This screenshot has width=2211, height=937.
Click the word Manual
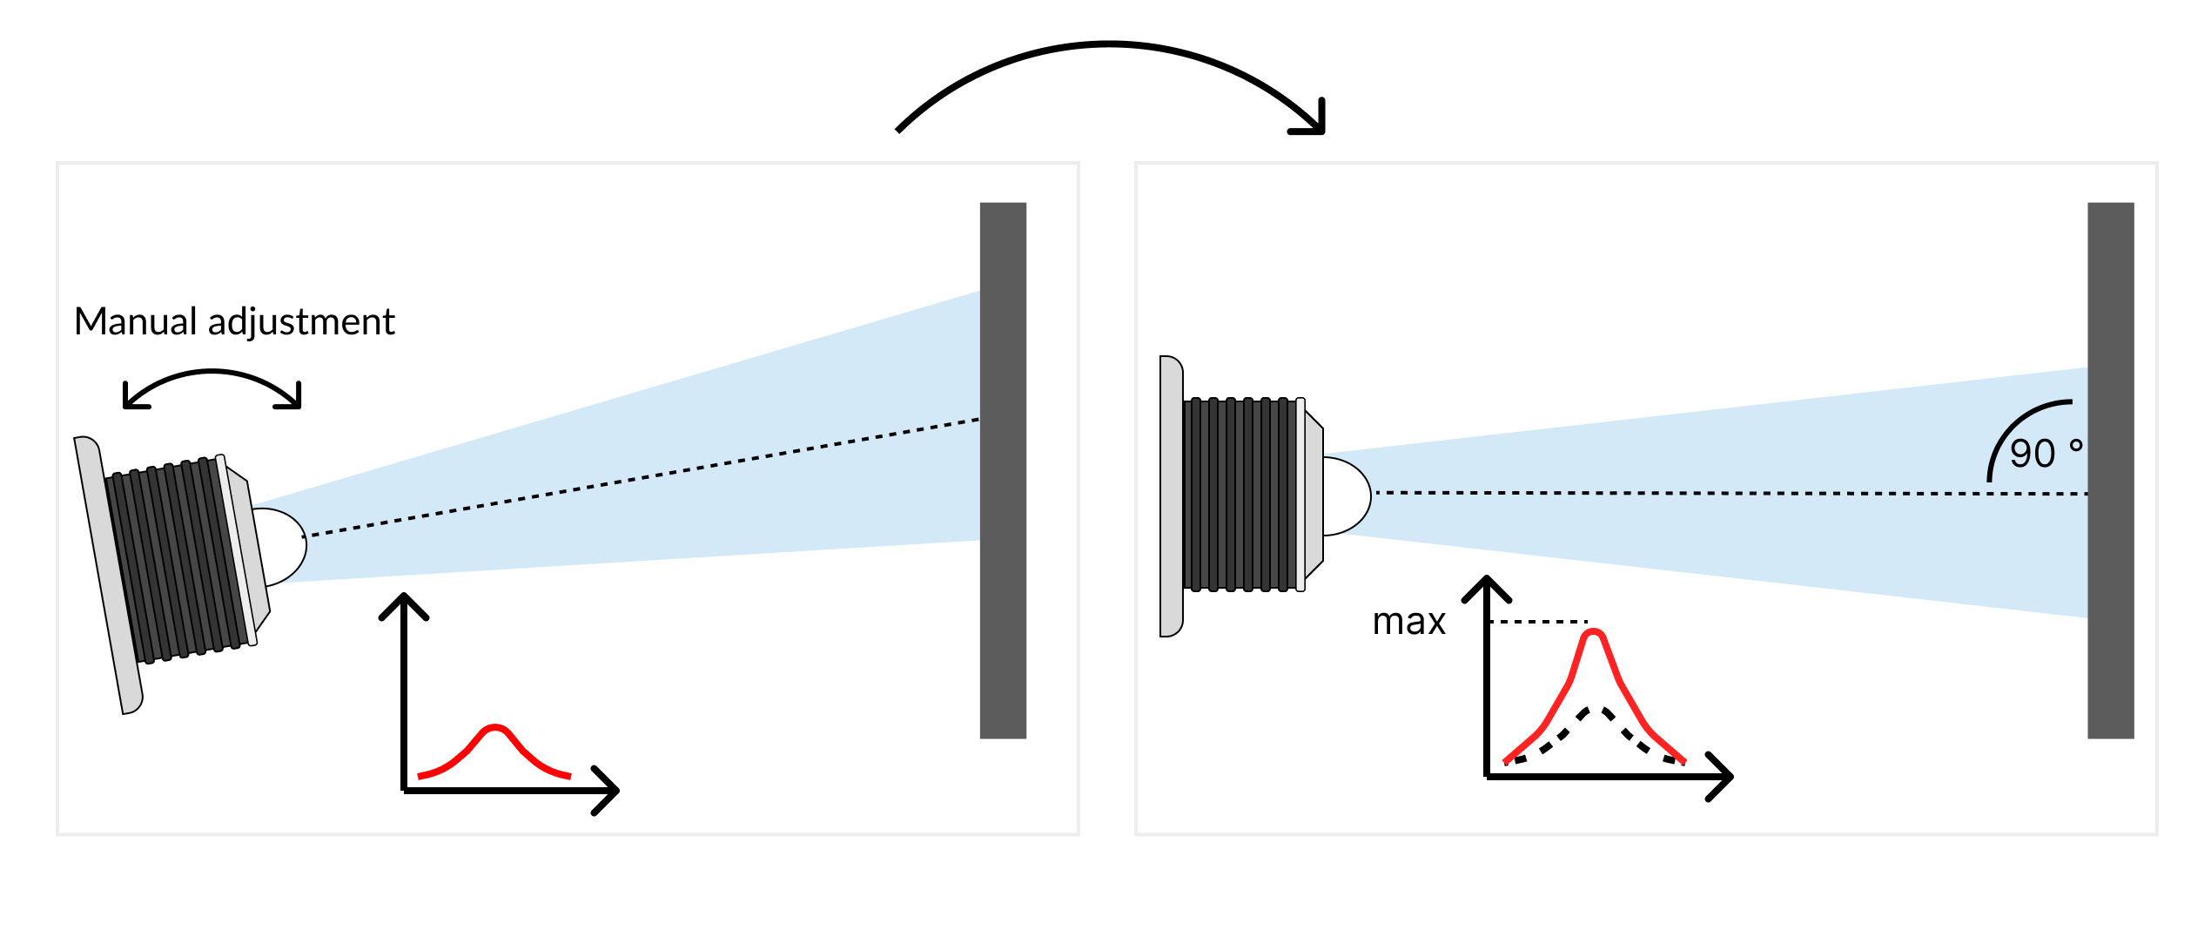coord(135,322)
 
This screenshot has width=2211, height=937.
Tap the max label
coord(1408,622)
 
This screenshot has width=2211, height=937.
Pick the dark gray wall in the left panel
coord(1003,470)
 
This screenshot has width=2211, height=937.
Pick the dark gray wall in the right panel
coord(2110,470)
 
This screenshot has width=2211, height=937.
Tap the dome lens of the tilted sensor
coord(283,546)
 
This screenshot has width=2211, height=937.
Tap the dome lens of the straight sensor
coord(1347,495)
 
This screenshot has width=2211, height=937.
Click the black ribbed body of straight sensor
coord(1240,495)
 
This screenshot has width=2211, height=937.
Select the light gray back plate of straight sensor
coord(1172,496)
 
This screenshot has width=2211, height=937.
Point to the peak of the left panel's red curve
coord(494,726)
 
